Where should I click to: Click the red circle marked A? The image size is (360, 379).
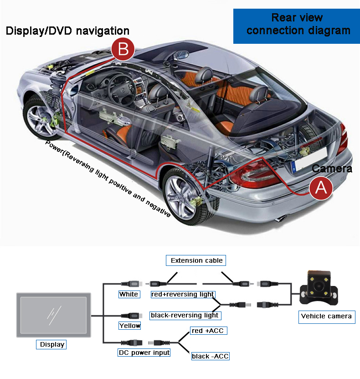pos(321,187)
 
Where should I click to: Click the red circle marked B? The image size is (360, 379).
pos(123,49)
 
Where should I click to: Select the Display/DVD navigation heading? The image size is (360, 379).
pos(67,31)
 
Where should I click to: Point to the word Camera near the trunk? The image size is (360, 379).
pos(332,168)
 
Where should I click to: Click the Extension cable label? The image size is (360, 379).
pos(196,261)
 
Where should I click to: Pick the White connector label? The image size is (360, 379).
pos(129,294)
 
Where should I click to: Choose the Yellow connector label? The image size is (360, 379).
pos(129,326)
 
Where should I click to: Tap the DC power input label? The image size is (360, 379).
pos(144,353)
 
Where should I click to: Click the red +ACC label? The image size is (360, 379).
pos(208,330)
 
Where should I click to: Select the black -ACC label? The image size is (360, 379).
pos(210,356)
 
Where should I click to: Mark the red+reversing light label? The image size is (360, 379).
pos(182,294)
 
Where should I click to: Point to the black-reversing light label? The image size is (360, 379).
pos(185,315)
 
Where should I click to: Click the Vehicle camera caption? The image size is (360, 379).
pos(326,316)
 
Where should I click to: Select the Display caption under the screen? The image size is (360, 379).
pos(52,344)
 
